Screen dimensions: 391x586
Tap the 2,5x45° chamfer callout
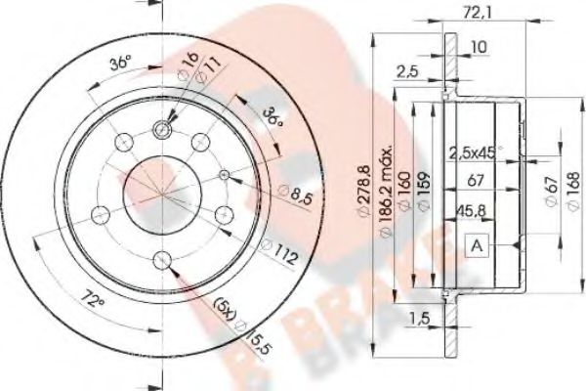click(475, 152)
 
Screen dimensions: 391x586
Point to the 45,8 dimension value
click(474, 207)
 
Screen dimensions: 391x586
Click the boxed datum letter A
click(476, 246)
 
